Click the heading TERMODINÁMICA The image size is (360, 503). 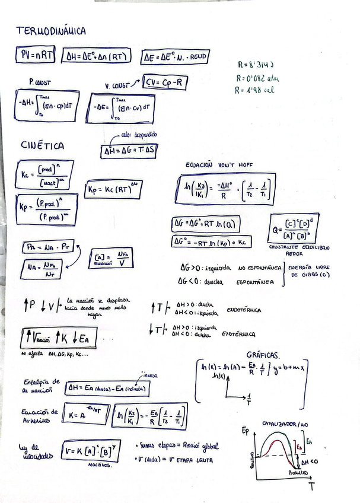[51, 31]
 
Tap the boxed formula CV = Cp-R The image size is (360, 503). [165, 83]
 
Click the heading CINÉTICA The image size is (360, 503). [42, 145]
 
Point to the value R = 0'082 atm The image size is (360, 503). [257, 78]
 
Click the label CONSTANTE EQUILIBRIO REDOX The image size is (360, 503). [299, 250]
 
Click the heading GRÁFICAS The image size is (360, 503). [263, 354]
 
